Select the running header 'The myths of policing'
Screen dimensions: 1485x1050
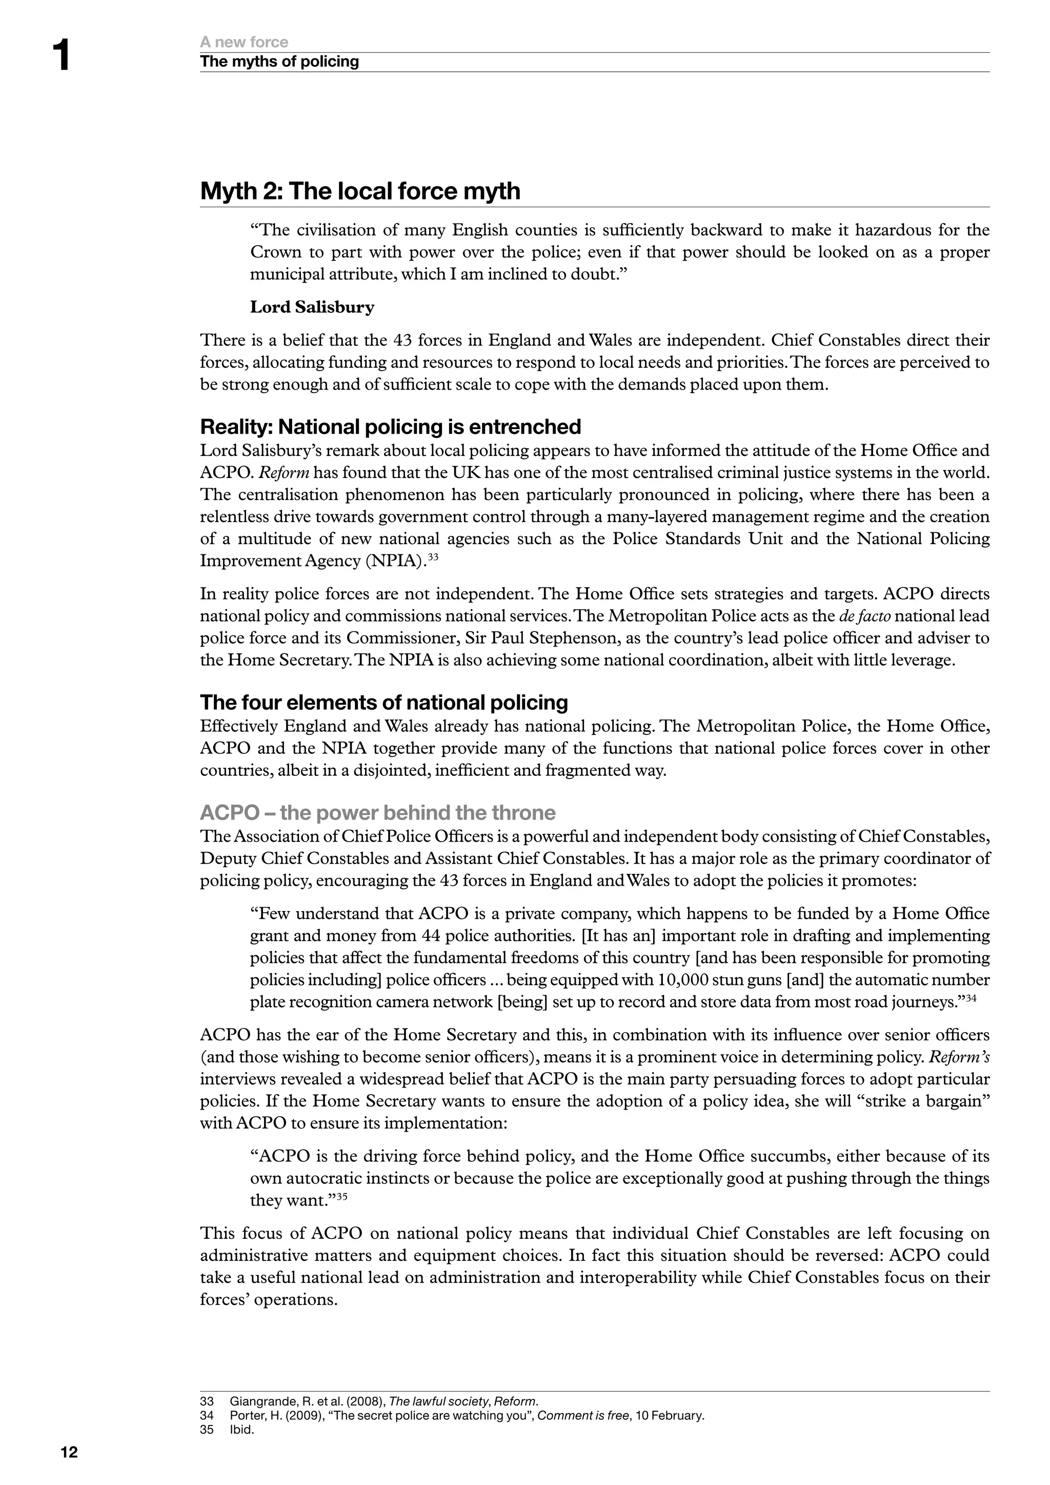pos(279,62)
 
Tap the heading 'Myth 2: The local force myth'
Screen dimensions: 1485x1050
pos(360,191)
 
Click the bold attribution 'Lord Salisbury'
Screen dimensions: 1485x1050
pos(312,307)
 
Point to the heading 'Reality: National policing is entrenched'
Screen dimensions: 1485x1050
pos(391,427)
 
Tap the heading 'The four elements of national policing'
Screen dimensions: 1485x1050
pos(384,703)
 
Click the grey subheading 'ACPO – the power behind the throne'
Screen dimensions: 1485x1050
pos(377,812)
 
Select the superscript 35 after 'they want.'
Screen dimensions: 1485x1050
pos(342,1196)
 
